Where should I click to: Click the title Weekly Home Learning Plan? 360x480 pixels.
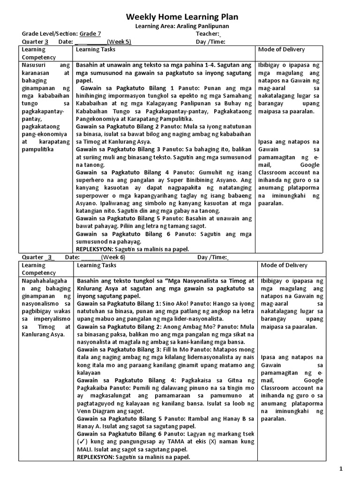pos(182,17)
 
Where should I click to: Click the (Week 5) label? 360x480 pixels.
pos(119,41)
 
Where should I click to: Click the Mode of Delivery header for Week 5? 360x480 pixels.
pos(281,49)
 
